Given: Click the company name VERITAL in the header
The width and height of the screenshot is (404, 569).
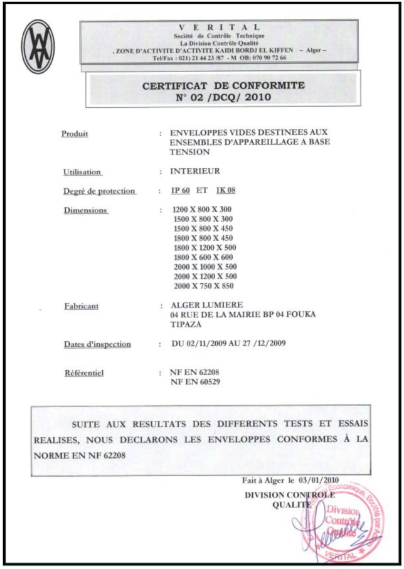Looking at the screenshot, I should pyautogui.click(x=218, y=29).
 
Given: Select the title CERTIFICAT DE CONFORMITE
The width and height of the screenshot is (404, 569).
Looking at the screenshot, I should pyautogui.click(x=223, y=85).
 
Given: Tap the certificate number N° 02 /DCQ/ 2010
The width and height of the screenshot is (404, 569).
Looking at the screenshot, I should pyautogui.click(x=224, y=98).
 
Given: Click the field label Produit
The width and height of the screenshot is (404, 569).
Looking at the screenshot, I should pyautogui.click(x=75, y=133).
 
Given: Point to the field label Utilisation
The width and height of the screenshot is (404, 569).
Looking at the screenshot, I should pyautogui.click(x=82, y=171).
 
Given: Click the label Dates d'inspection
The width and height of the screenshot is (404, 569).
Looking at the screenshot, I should pyautogui.click(x=97, y=344).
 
